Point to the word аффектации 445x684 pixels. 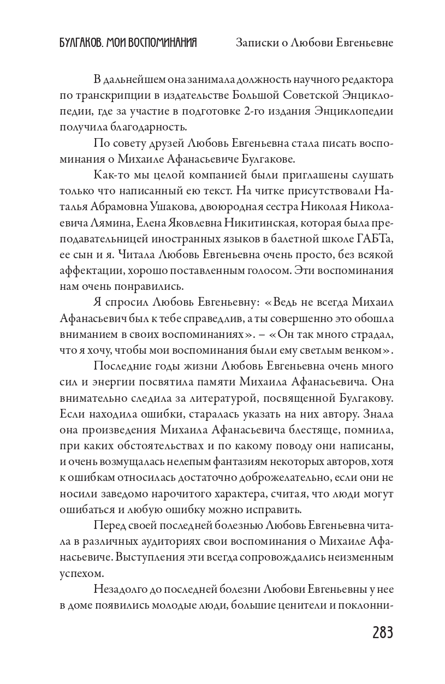click(85, 270)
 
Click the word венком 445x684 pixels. click(369, 350)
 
